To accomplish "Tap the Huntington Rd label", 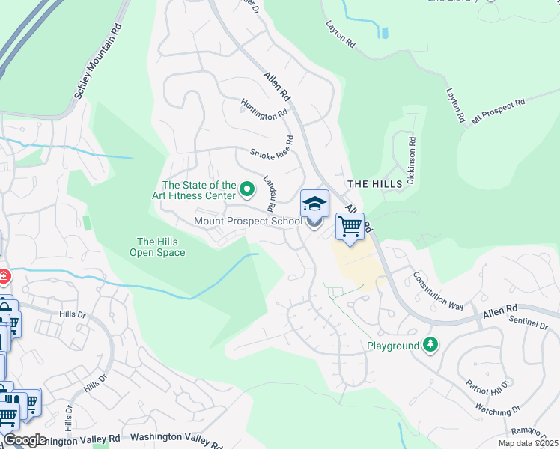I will click(x=264, y=109).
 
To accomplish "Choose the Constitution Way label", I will click(x=438, y=290).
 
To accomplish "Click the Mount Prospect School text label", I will click(x=248, y=221).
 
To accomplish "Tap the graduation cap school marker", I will click(x=314, y=204).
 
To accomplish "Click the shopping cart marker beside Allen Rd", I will click(x=350, y=226).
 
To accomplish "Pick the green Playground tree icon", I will click(x=430, y=345).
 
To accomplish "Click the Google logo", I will click(x=25, y=440).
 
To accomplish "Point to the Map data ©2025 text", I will click(x=528, y=443).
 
